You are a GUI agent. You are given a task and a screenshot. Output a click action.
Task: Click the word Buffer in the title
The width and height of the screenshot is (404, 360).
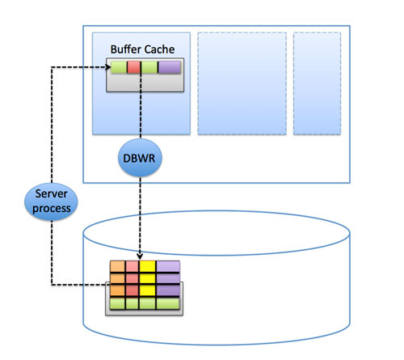click(125, 49)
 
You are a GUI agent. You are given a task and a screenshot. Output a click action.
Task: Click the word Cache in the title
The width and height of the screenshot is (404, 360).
click(159, 49)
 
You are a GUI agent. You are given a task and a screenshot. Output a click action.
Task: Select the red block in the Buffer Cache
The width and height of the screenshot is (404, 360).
click(133, 67)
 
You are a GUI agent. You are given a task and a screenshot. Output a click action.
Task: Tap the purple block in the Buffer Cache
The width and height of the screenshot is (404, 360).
click(170, 67)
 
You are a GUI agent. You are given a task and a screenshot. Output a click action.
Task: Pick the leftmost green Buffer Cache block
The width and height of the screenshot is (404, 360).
click(119, 67)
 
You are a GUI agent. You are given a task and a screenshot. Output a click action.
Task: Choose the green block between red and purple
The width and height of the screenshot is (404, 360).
click(149, 67)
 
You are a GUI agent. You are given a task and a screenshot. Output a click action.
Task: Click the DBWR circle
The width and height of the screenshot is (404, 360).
click(140, 158)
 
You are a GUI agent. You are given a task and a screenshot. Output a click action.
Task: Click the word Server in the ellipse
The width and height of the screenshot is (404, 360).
click(51, 193)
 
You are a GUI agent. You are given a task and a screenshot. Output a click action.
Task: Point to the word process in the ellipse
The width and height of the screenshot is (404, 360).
click(52, 209)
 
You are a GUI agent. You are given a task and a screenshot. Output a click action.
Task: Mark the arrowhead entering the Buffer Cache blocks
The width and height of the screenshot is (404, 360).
click(107, 67)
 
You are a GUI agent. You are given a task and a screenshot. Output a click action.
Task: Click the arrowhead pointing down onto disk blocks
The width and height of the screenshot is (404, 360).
click(140, 256)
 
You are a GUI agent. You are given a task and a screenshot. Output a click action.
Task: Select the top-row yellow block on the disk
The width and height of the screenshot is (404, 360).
click(148, 267)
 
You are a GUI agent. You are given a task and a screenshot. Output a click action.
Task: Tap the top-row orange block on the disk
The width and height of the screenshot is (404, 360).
click(117, 267)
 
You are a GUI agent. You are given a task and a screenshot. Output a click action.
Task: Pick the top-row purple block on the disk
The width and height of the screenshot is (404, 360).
click(168, 267)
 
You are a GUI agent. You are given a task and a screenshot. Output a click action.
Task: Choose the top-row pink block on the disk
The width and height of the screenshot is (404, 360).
click(133, 267)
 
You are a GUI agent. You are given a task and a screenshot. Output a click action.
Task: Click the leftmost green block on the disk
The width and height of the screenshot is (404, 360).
click(117, 303)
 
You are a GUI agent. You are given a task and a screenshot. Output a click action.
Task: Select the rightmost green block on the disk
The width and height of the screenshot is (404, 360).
click(168, 303)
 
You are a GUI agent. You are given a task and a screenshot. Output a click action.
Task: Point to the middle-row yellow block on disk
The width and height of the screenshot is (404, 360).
click(148, 278)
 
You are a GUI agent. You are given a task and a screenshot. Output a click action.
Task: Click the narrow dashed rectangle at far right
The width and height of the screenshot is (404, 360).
click(317, 83)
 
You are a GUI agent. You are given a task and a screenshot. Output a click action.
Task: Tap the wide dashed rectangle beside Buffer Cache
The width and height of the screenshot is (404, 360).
click(242, 83)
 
